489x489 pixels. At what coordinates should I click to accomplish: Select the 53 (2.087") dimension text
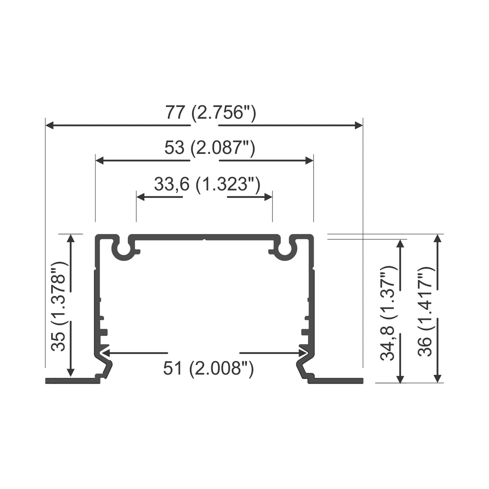pos(209,148)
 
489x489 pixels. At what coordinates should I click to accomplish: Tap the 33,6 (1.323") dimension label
pos(207,184)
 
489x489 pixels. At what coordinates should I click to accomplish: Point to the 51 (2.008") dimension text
pos(208,368)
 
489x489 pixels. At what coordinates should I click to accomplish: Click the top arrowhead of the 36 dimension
pos(438,238)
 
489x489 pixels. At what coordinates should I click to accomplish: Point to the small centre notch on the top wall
pos(204,240)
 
